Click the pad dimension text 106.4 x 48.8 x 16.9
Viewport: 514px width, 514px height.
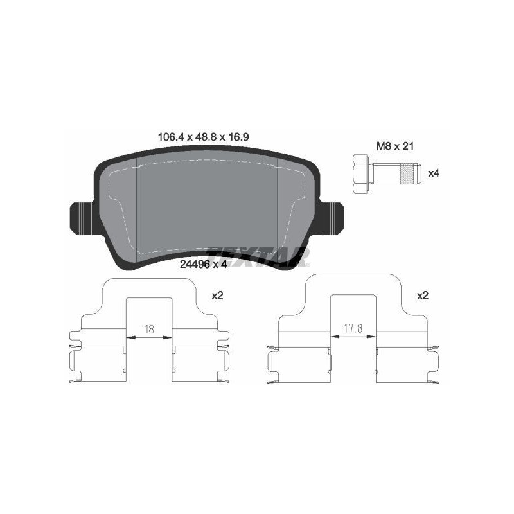203,137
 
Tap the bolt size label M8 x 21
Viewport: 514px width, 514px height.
395,146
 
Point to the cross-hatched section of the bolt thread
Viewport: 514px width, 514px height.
407,173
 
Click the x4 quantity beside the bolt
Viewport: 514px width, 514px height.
434,173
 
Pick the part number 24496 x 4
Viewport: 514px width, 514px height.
203,265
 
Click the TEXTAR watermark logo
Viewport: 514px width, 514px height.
258,256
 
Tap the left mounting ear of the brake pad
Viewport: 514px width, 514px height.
82,218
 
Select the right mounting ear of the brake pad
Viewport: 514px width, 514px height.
332,218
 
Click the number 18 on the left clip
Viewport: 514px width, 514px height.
149,329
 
